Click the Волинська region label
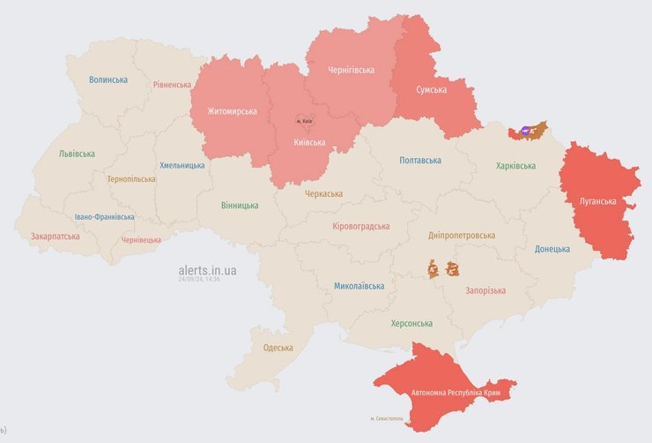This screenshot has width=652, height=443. pos(108,79)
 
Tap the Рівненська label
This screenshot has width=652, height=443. pos(172,85)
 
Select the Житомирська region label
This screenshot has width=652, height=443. pos(232,111)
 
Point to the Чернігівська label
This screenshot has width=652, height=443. pos(351,70)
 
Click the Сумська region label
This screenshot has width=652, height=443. pos(431,90)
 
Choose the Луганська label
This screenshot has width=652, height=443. pos(597,201)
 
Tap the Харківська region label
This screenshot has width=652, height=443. pos(515,166)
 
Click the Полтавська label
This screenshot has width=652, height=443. pos(420,161)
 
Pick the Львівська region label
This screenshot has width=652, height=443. pos(77,154)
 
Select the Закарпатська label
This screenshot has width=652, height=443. pos(55,237)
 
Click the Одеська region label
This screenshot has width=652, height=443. pos(278,348)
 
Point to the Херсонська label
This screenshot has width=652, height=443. pos(411,323)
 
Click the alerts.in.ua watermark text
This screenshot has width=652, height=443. pos(207,270)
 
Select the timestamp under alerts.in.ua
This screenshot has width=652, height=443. pos(199,280)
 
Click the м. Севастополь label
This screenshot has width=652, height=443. pos(387,418)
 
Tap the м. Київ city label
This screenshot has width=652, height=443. pos(304,121)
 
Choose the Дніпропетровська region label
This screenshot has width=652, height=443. pos(462,236)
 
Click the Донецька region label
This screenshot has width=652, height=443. pos(552,249)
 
